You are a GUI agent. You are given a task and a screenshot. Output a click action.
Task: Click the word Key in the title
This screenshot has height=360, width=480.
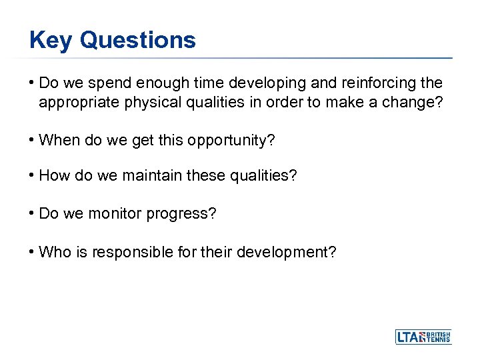[x=51, y=41]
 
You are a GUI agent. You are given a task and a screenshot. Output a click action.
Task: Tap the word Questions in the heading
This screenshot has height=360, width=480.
[x=137, y=41]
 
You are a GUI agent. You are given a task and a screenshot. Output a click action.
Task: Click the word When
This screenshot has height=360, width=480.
[x=59, y=141]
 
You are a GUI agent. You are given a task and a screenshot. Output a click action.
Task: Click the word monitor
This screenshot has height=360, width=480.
[x=114, y=215]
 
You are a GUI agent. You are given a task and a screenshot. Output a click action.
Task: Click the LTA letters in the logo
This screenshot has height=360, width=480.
[x=409, y=337]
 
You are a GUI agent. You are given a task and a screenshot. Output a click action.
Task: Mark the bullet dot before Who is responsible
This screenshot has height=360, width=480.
[x=32, y=252]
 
